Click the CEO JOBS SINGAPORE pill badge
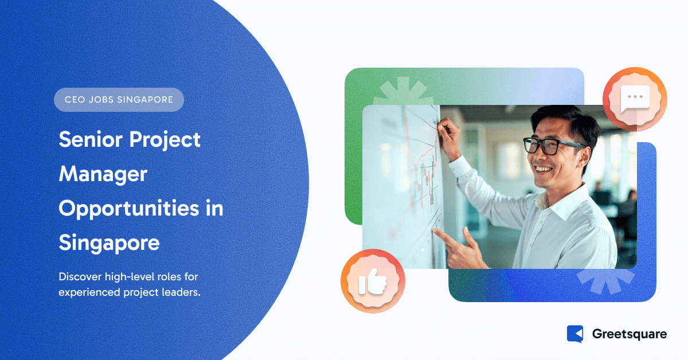119,100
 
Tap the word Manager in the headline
103,174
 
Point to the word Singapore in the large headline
109,242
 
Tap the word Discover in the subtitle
80,277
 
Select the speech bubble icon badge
635,99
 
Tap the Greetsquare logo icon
574,334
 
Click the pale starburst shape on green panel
401,92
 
